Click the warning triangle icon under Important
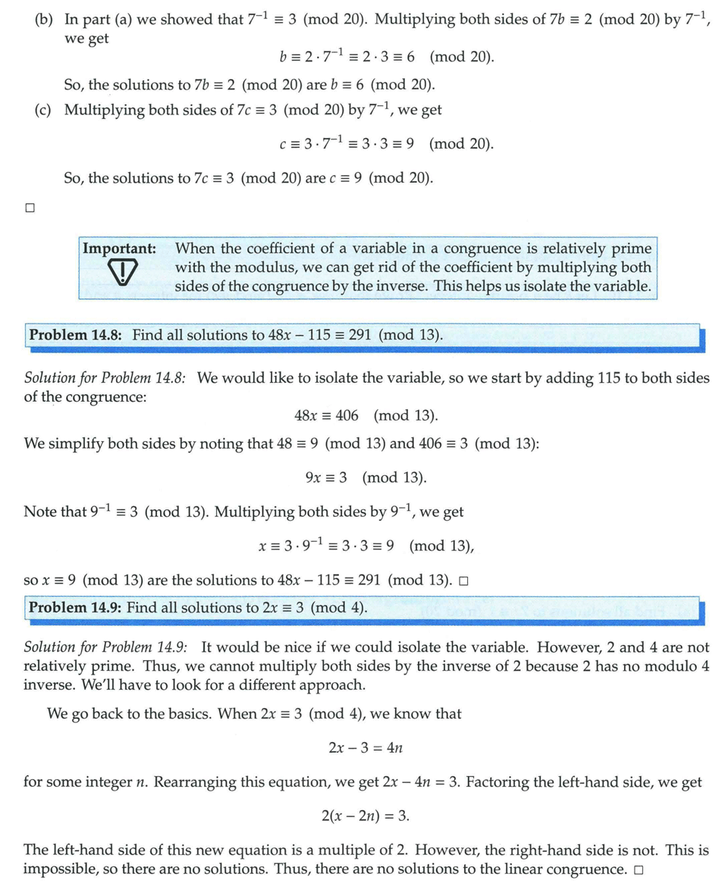click(120, 274)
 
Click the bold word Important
click(119, 249)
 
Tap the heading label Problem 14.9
click(75, 607)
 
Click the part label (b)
click(44, 20)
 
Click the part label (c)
click(44, 110)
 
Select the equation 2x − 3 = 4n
click(365, 748)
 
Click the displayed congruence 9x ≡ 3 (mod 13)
click(366, 478)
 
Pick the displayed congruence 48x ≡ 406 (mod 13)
click(366, 415)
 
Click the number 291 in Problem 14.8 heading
click(360, 335)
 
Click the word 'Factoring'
click(498, 782)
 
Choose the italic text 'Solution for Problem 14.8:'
click(105, 377)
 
